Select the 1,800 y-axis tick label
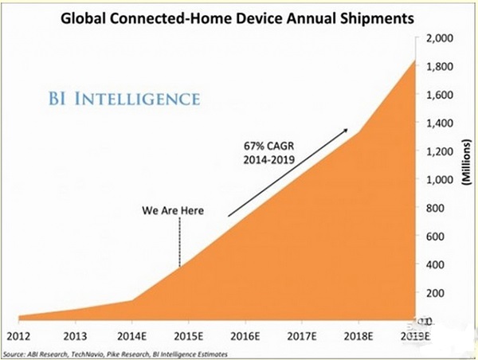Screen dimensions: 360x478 pos(440,67)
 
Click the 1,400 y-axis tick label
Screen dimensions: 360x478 pos(440,123)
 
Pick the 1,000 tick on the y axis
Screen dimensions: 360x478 pos(440,180)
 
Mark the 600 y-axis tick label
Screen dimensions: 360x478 pos(436,237)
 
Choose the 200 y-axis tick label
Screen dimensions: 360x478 pos(436,293)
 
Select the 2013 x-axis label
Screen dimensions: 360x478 pos(76,334)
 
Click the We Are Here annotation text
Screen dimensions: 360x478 pos(173,211)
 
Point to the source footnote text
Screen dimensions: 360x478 pos(116,353)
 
